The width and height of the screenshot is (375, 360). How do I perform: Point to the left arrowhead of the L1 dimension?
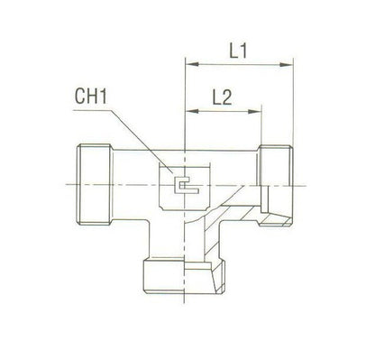point(187,63)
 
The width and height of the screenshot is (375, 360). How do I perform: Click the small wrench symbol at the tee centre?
point(184,186)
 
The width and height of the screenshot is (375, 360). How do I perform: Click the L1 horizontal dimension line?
point(239,63)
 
